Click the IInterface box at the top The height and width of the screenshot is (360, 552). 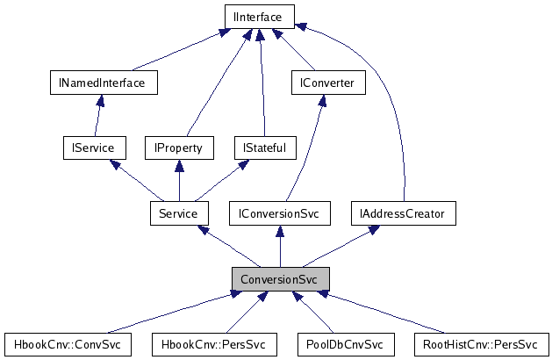259,16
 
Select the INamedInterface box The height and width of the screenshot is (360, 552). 103,82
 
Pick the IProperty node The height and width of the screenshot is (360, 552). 178,147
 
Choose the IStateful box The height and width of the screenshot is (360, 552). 260,147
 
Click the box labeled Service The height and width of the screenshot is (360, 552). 178,212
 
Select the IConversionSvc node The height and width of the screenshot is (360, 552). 280,212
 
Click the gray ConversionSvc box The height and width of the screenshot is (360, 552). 280,278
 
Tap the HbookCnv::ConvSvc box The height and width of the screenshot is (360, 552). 67,343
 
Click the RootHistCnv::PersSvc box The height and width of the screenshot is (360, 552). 480,343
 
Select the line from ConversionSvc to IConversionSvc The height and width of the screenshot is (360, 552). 280,246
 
